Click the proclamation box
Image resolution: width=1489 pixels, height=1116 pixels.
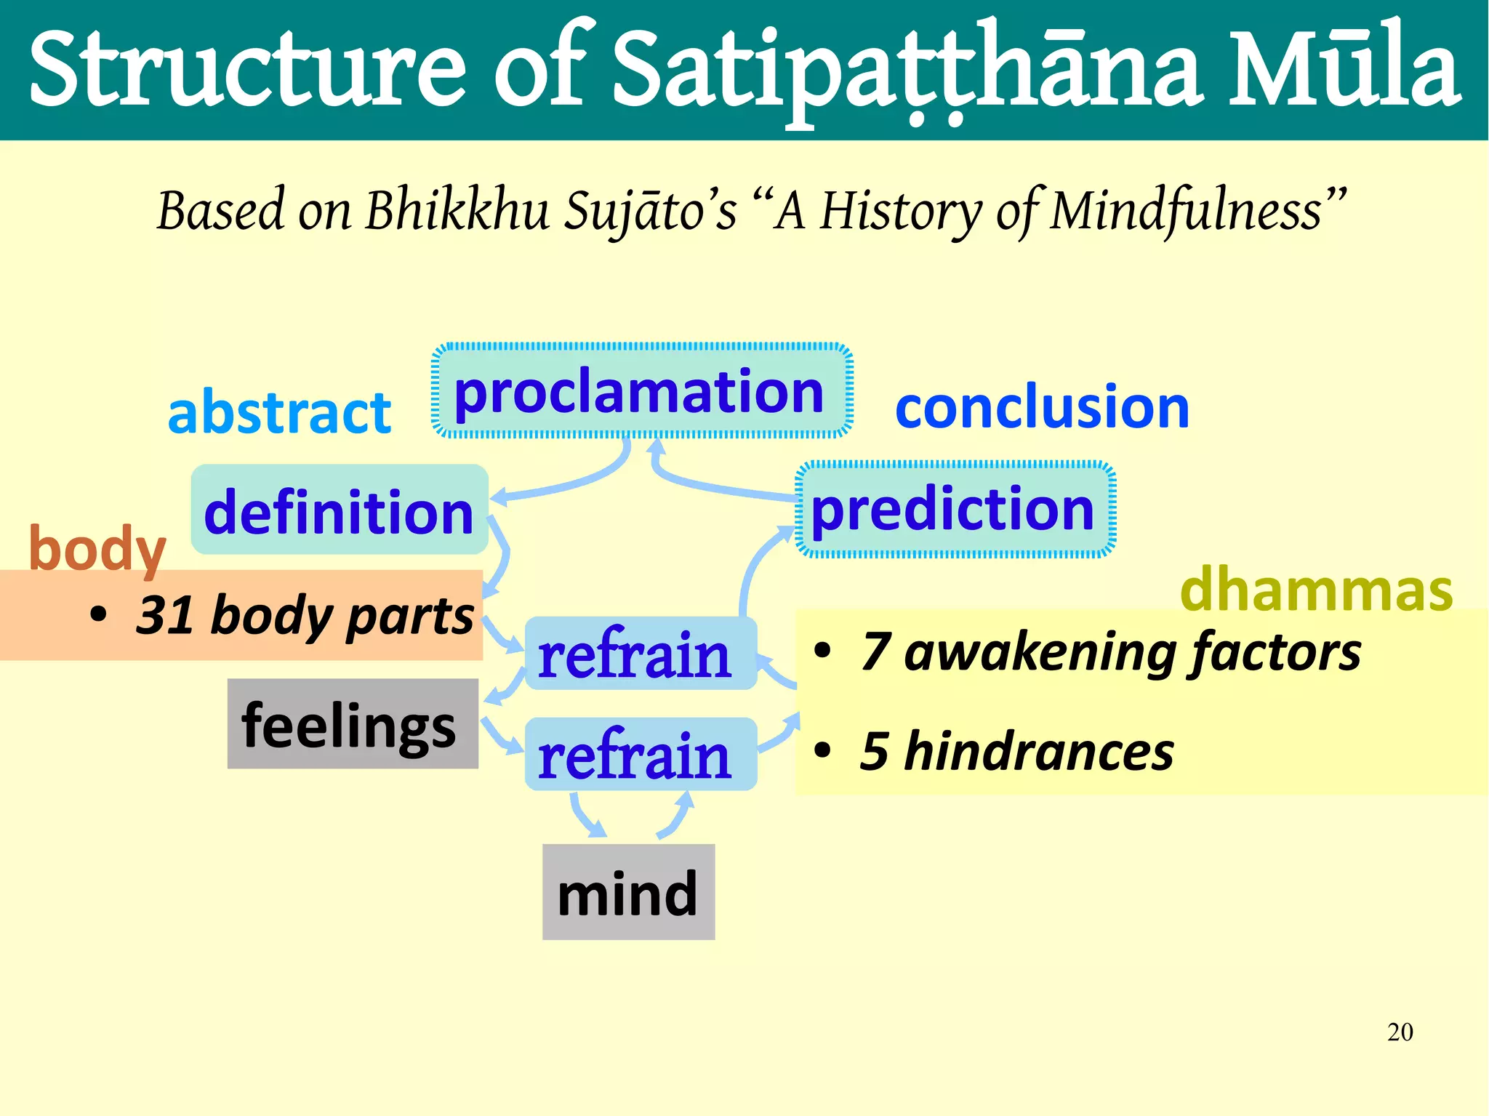coord(641,391)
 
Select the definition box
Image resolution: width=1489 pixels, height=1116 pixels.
coord(339,510)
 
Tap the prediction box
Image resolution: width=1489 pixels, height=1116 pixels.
coord(955,509)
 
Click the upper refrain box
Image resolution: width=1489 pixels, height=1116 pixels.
coord(640,654)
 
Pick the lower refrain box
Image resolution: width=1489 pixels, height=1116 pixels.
coord(640,755)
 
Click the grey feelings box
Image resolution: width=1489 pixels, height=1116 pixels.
coord(352,724)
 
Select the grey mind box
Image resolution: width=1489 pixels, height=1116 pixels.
coord(628,892)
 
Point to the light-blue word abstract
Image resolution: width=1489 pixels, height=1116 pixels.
coord(279,412)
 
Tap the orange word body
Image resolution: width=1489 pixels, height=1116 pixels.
coord(97,550)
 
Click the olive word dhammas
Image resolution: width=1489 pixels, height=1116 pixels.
coord(1316,589)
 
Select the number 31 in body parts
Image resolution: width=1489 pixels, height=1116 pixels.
coord(164,615)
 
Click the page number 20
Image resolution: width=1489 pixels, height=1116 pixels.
coord(1400,1032)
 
